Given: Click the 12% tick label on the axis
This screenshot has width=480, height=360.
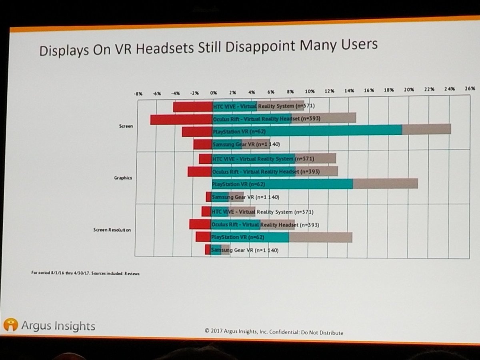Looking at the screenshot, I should point(330,91).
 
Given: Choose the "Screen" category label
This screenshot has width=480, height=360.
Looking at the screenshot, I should point(126,126).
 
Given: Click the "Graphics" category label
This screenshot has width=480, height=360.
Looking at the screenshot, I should point(123,178).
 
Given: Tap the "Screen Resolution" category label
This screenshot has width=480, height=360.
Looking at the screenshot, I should point(112,230).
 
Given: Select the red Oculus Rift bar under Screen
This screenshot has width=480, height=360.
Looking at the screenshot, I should point(181,119).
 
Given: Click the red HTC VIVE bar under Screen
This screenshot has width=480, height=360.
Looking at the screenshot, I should point(193,107).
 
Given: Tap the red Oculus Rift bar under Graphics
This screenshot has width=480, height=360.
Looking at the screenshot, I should point(200,172).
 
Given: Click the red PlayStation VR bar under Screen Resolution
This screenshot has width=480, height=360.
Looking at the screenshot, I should point(203,237).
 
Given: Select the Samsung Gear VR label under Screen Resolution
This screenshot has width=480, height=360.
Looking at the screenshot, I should point(244,250).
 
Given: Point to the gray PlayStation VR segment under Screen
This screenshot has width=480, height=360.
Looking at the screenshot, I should point(426,129).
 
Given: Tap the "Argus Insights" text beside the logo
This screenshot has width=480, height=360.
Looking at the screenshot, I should point(58,326).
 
